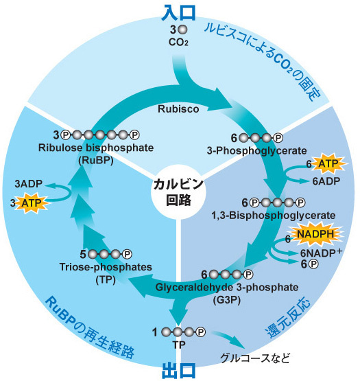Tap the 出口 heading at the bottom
(x=180, y=369)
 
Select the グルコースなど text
(x=255, y=358)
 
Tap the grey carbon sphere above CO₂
(x=182, y=30)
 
